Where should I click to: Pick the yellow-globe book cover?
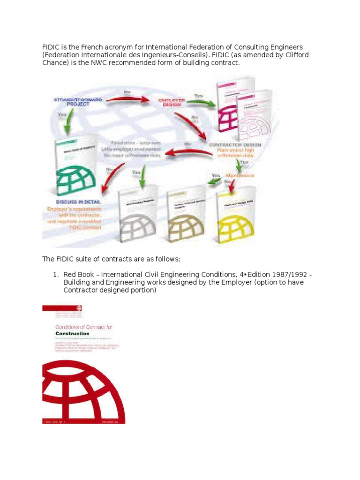[237, 216]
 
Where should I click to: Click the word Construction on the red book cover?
[66, 334]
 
